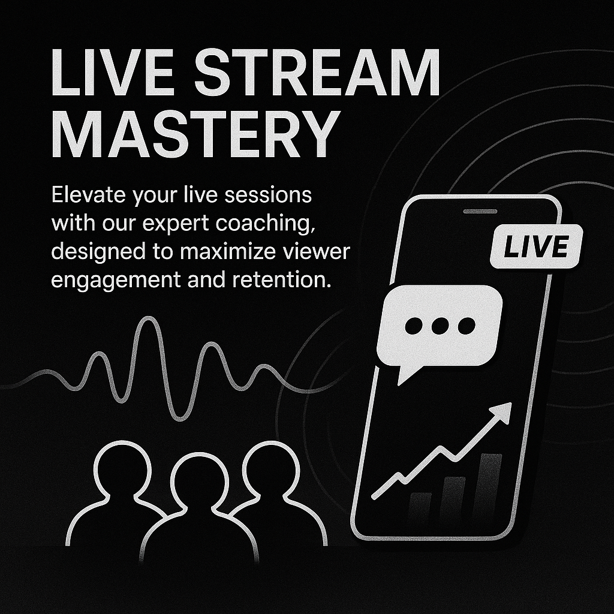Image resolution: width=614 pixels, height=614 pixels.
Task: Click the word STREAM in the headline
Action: point(317,73)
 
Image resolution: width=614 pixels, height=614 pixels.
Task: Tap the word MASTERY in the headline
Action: point(195,134)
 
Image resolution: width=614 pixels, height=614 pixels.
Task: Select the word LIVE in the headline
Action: point(112,73)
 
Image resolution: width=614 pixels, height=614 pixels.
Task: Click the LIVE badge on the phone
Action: point(536,246)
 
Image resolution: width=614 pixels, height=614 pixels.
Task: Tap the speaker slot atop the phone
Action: point(480,212)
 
